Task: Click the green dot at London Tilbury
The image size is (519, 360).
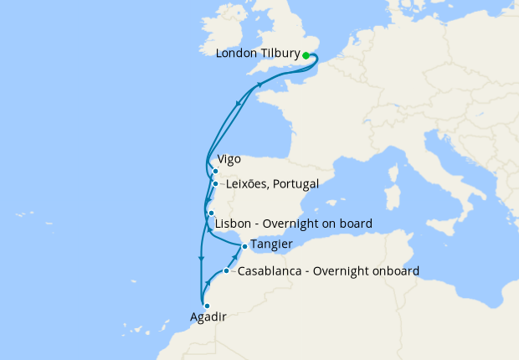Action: pos(306,55)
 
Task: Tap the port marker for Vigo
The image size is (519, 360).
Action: pos(215,172)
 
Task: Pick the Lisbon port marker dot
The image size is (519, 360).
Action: pos(211,213)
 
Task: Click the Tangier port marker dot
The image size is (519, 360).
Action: pos(244,246)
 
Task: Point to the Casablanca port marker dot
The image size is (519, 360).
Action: pos(227,270)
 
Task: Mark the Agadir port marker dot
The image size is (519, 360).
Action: pos(206,306)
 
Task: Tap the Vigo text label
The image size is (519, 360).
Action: pos(229,158)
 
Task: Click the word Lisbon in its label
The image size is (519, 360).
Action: pos(233,224)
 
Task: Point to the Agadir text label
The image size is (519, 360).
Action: pos(208,317)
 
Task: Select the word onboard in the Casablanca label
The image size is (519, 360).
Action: pos(393,271)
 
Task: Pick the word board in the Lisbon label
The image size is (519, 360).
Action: pos(355,224)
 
